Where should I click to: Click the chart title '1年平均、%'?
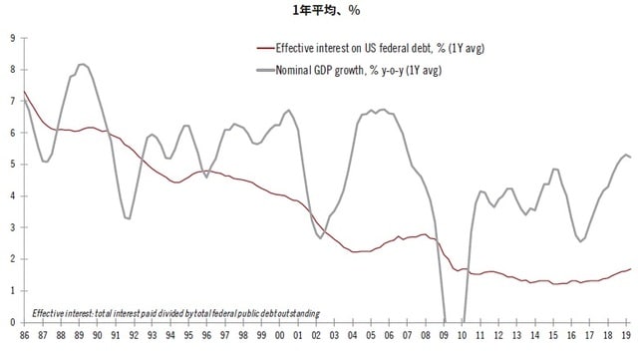tap(320, 10)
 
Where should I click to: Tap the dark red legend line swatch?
tap(263, 49)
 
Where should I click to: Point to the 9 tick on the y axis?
tap(11, 38)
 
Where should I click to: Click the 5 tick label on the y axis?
tap(11, 165)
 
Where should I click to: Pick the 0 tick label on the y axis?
tap(11, 322)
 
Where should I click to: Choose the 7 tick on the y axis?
tap(11, 101)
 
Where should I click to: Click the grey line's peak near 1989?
tap(83, 65)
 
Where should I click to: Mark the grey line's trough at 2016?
tap(581, 240)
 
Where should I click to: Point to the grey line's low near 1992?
tap(128, 217)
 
